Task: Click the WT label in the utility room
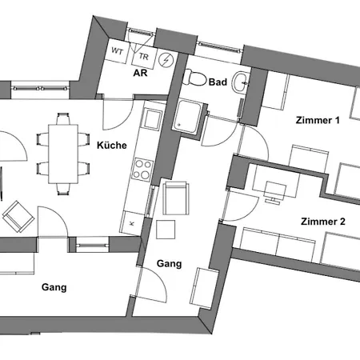pyautogui.click(x=118, y=51)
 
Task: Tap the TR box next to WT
pyautogui.click(x=143, y=56)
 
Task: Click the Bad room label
pyautogui.click(x=218, y=82)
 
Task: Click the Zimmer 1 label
pyautogui.click(x=317, y=121)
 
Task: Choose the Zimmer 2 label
pyautogui.click(x=323, y=221)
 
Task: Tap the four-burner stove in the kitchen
pyautogui.click(x=143, y=170)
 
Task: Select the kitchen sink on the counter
pyautogui.click(x=151, y=119)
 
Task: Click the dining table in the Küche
pyautogui.click(x=62, y=154)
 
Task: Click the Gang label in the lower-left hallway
pyautogui.click(x=53, y=287)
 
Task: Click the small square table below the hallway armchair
pyautogui.click(x=166, y=230)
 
